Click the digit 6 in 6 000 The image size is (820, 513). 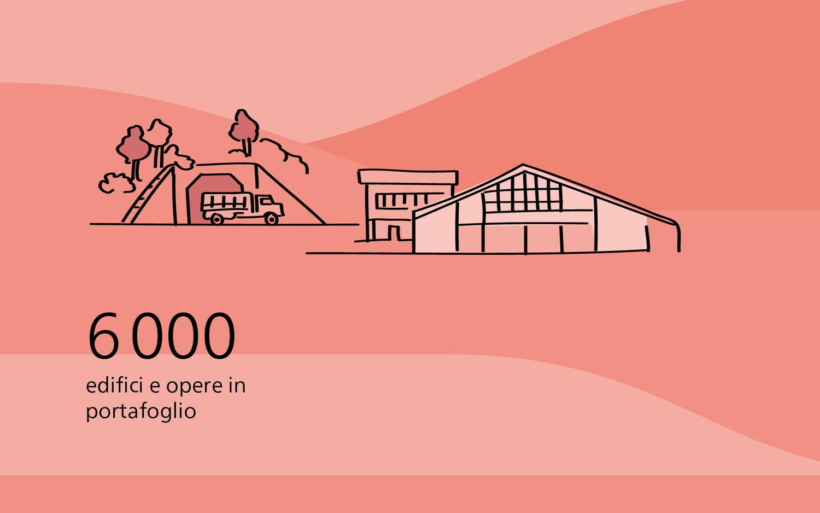pyautogui.click(x=104, y=335)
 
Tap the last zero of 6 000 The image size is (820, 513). pyautogui.click(x=219, y=335)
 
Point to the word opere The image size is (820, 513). pyautogui.click(x=195, y=387)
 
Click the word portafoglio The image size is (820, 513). pyautogui.click(x=141, y=411)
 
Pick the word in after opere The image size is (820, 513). pyautogui.click(x=237, y=385)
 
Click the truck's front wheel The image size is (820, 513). pyautogui.click(x=272, y=219)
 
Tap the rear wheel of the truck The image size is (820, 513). pyautogui.click(x=216, y=219)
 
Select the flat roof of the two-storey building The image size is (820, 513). pyautogui.click(x=408, y=177)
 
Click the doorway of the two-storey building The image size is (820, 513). pyautogui.click(x=394, y=233)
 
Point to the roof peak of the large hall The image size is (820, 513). pyautogui.click(x=524, y=166)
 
